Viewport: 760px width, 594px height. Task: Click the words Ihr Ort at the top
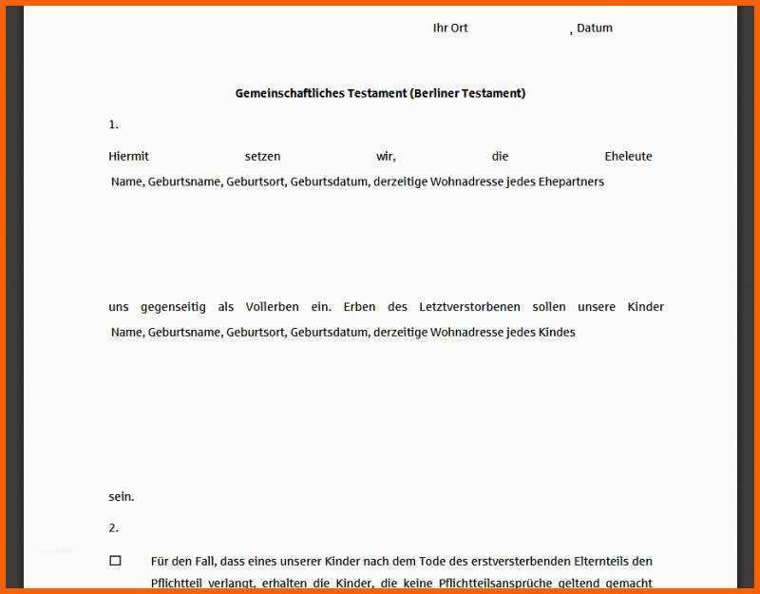[450, 29]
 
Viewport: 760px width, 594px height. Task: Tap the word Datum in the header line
[595, 29]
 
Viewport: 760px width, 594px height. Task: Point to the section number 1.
[113, 125]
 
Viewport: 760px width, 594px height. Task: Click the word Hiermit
[128, 156]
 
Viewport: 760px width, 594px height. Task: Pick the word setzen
[262, 156]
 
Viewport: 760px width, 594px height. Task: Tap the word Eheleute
[628, 156]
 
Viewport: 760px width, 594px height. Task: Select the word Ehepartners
[571, 182]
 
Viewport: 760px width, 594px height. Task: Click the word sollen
[549, 307]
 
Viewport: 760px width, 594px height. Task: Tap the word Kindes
[557, 333]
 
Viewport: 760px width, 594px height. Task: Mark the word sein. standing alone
[121, 496]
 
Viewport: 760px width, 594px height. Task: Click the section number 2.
[113, 527]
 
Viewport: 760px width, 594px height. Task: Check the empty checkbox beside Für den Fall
[115, 561]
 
